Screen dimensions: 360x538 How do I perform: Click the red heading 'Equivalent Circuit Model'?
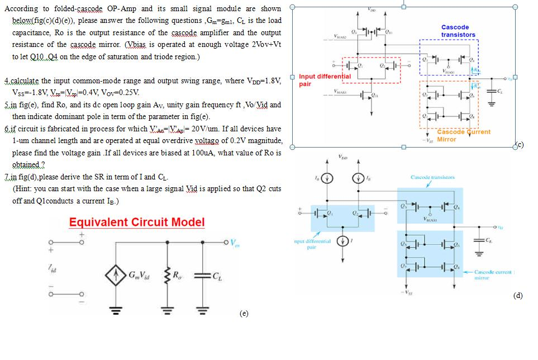point(137,222)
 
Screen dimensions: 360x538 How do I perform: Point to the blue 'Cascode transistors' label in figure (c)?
point(458,31)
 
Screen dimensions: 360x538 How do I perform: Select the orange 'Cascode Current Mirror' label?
point(463,135)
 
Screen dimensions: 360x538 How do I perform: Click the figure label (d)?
point(518,296)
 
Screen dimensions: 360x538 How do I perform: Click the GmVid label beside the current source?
point(139,275)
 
